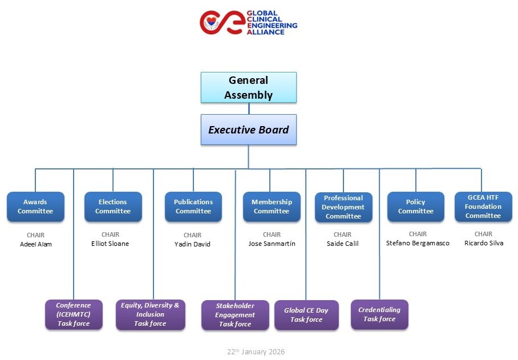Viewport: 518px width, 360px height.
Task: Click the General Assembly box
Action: click(x=248, y=87)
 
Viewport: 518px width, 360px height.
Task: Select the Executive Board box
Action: click(x=248, y=130)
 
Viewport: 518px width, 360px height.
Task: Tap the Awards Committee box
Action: click(x=35, y=207)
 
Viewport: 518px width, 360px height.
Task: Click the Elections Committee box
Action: click(x=113, y=207)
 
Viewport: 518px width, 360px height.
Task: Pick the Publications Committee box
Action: click(x=193, y=207)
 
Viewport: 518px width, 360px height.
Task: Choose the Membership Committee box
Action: click(x=272, y=207)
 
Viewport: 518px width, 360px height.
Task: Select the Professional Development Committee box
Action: click(x=343, y=207)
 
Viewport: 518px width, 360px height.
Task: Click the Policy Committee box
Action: click(x=415, y=207)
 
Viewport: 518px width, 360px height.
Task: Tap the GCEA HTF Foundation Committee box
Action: click(x=483, y=207)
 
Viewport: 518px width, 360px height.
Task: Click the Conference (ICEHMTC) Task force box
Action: click(x=74, y=314)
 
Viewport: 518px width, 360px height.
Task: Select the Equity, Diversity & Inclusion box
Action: click(x=150, y=314)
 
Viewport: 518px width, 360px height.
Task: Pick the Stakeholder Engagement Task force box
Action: click(x=235, y=315)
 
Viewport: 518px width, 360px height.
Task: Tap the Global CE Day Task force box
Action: click(x=306, y=315)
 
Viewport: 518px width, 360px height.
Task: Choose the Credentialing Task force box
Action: click(x=379, y=314)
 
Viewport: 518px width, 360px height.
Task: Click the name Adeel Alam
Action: click(x=35, y=244)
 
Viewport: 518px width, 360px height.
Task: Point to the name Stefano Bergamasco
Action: click(x=418, y=244)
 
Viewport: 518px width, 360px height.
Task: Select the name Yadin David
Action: click(x=192, y=244)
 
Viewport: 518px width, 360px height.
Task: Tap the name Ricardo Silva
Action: click(x=483, y=244)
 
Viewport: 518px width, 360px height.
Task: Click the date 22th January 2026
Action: click(x=256, y=351)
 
